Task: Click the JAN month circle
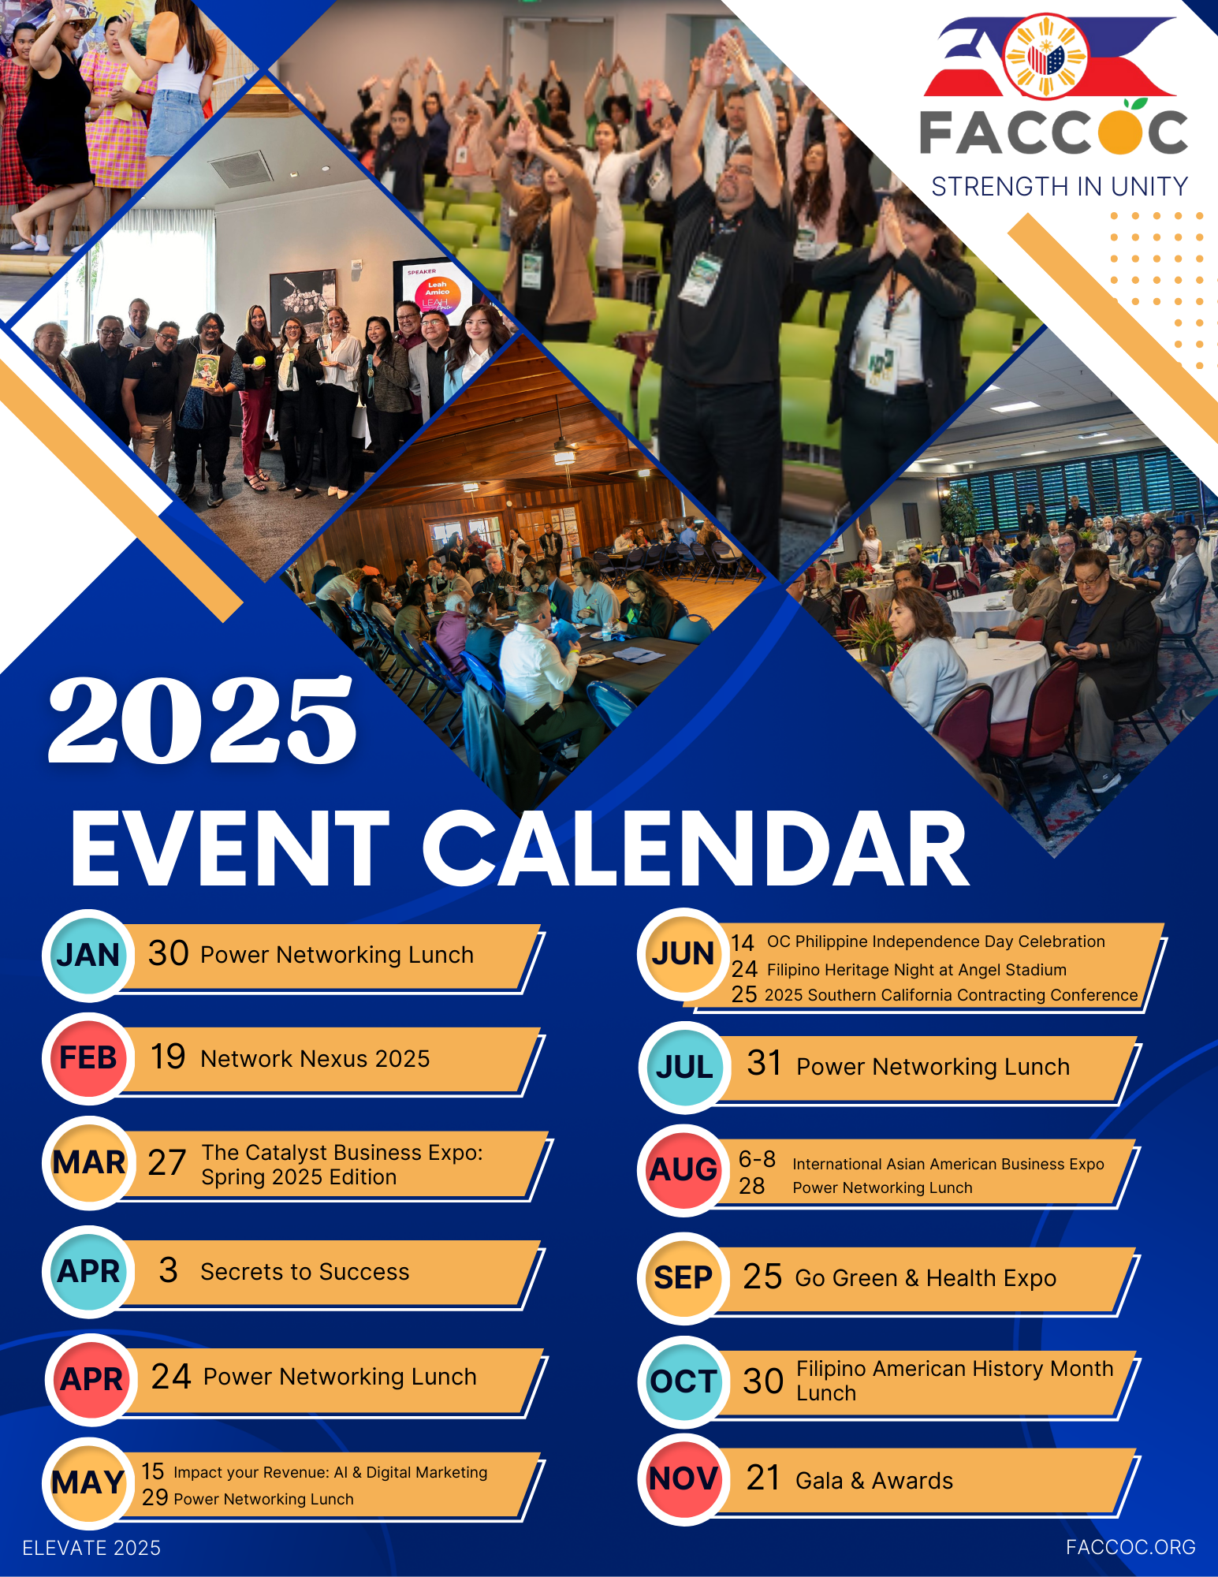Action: tap(88, 955)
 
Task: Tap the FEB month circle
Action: tap(88, 1058)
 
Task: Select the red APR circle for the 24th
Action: tap(91, 1380)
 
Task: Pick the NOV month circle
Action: tap(683, 1479)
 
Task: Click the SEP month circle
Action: tap(683, 1278)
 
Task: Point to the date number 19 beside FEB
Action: tap(168, 1057)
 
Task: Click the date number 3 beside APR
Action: tap(168, 1270)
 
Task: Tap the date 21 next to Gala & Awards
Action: tap(763, 1478)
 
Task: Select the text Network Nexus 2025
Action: tap(315, 1059)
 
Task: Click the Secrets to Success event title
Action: tap(305, 1272)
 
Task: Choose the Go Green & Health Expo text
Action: tap(926, 1278)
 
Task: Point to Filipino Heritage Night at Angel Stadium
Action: tap(917, 970)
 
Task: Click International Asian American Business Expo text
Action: tap(948, 1164)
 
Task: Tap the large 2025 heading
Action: tap(203, 721)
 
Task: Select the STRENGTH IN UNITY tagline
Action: tap(1060, 187)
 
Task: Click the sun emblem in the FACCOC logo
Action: tap(1046, 57)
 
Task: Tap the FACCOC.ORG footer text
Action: tap(1130, 1548)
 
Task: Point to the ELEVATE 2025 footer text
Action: tap(91, 1549)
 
